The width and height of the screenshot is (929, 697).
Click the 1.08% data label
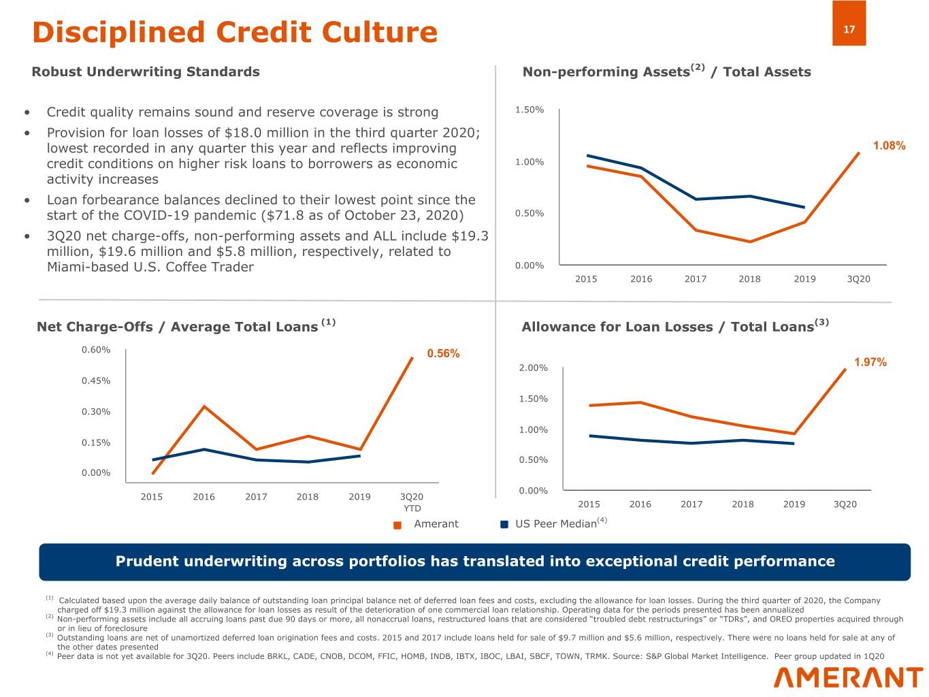click(x=889, y=146)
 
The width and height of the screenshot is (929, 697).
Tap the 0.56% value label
click(x=443, y=353)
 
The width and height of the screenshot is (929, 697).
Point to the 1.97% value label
click(x=870, y=362)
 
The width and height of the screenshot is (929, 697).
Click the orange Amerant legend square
click(x=398, y=525)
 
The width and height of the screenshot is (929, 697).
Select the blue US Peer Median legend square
click(x=504, y=525)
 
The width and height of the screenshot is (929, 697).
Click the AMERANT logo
click(x=848, y=677)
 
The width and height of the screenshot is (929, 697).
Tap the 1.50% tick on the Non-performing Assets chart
click(x=529, y=110)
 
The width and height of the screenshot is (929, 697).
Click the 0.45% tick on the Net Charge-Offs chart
click(x=96, y=380)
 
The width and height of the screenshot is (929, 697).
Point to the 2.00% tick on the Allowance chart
click(x=533, y=368)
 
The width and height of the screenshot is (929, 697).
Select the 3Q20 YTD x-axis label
click(x=412, y=502)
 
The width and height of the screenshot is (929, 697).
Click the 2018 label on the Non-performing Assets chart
click(x=749, y=279)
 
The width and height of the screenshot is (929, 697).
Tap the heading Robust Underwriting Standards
click(x=146, y=71)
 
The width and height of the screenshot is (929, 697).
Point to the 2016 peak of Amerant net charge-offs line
click(x=204, y=406)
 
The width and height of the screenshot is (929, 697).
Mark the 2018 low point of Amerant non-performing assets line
click(x=750, y=242)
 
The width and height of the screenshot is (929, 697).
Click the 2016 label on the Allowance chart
click(x=640, y=504)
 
